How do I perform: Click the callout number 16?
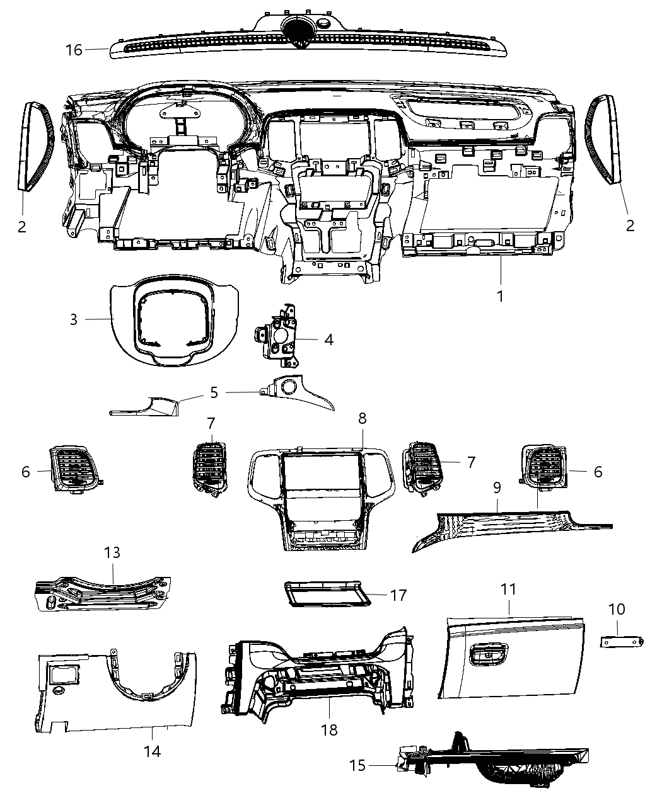pos(74,49)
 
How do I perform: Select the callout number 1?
pos(500,295)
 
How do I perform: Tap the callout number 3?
pos(74,319)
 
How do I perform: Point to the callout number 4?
pos(328,340)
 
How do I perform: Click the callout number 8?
pos(362,418)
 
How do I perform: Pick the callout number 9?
pos(497,487)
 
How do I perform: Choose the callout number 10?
pos(617,609)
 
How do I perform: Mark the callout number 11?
pos(508,589)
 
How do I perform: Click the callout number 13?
pos(112,552)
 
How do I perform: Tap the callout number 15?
pos(357,765)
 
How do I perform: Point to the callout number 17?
pos(398,595)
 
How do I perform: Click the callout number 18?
pos(329,730)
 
